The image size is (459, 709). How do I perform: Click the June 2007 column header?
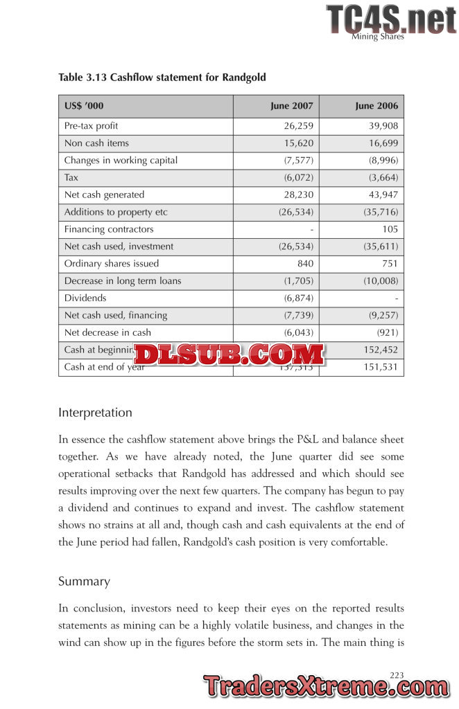click(x=291, y=106)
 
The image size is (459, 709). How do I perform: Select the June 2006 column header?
click(x=376, y=106)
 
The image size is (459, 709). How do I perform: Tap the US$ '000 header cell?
click(x=85, y=106)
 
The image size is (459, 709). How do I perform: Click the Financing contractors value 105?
click(x=390, y=229)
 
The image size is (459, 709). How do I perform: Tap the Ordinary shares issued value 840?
click(x=304, y=264)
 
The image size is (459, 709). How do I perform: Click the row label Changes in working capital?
click(x=121, y=161)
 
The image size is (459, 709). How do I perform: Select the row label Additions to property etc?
click(x=116, y=212)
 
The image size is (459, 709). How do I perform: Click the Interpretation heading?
click(x=95, y=413)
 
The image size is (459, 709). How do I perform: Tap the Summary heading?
click(x=84, y=582)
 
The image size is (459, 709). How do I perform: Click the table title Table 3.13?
click(x=162, y=77)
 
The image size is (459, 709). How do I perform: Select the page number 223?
click(x=397, y=674)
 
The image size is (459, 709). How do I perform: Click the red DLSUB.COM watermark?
click(x=229, y=354)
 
